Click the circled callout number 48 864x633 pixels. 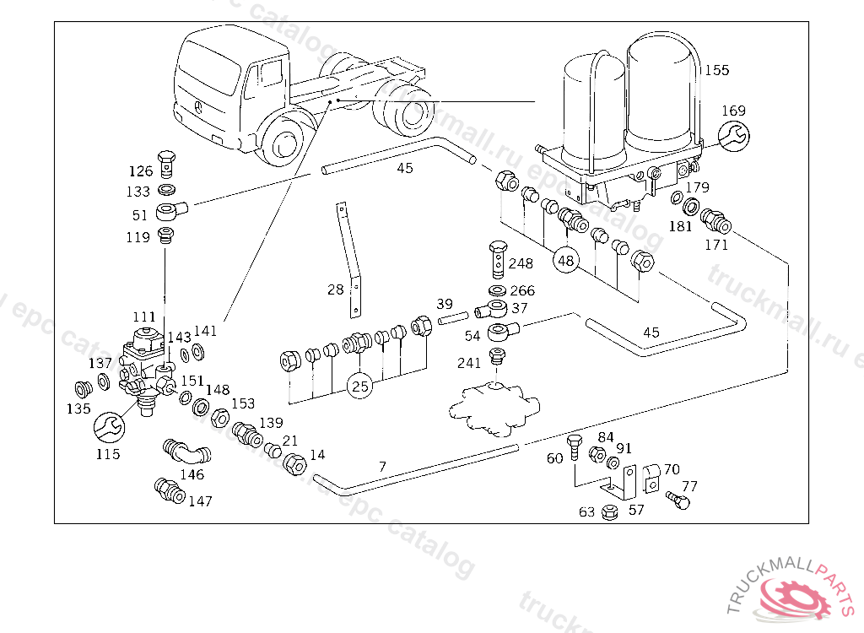coord(565,261)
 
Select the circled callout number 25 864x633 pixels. coord(360,387)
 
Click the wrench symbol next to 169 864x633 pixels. coord(732,134)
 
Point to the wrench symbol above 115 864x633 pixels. coord(108,427)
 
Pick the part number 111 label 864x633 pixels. coord(144,316)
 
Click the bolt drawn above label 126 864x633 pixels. coord(166,158)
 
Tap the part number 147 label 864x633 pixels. coord(200,500)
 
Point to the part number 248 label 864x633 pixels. coord(521,263)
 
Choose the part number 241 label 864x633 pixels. coord(469,363)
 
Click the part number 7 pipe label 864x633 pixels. coord(382,466)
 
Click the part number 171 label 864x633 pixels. coord(715,245)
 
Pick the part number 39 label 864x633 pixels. coord(445,304)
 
